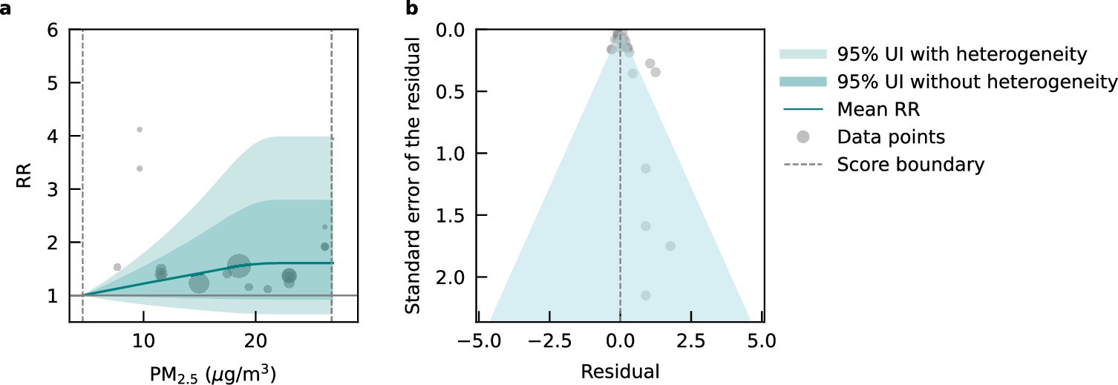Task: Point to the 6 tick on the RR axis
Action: point(52,30)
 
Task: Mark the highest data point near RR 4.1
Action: point(140,130)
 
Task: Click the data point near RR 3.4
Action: point(140,168)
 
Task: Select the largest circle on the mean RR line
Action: point(238,265)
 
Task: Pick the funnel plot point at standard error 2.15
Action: point(646,295)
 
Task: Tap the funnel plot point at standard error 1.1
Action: point(646,168)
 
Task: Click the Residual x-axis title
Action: point(620,369)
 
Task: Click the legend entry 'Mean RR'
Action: point(878,109)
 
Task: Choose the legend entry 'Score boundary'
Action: point(910,164)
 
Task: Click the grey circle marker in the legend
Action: point(802,136)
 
